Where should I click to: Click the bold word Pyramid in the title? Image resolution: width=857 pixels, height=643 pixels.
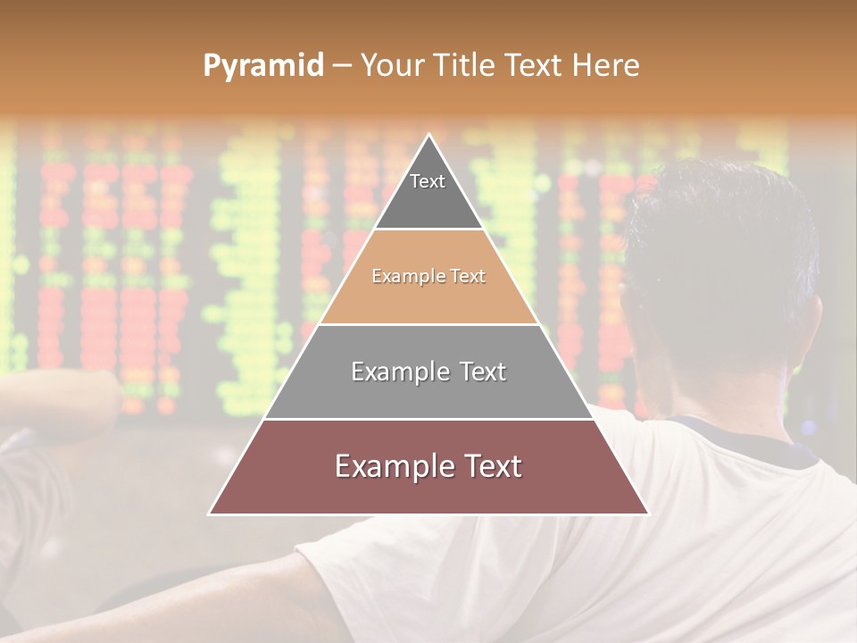[263, 66]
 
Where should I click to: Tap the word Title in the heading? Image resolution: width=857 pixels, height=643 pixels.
[464, 66]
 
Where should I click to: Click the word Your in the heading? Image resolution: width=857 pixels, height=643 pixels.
[391, 66]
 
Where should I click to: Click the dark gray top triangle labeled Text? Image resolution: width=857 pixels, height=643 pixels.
[428, 192]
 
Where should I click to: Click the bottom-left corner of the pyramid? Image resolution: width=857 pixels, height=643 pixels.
[211, 513]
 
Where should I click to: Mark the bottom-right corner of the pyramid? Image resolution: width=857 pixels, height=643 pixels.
[647, 513]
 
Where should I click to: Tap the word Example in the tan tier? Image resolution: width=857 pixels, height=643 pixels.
[400, 276]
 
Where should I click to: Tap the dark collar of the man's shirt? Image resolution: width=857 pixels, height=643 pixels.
[759, 438]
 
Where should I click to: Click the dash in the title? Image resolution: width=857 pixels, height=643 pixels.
[342, 66]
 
